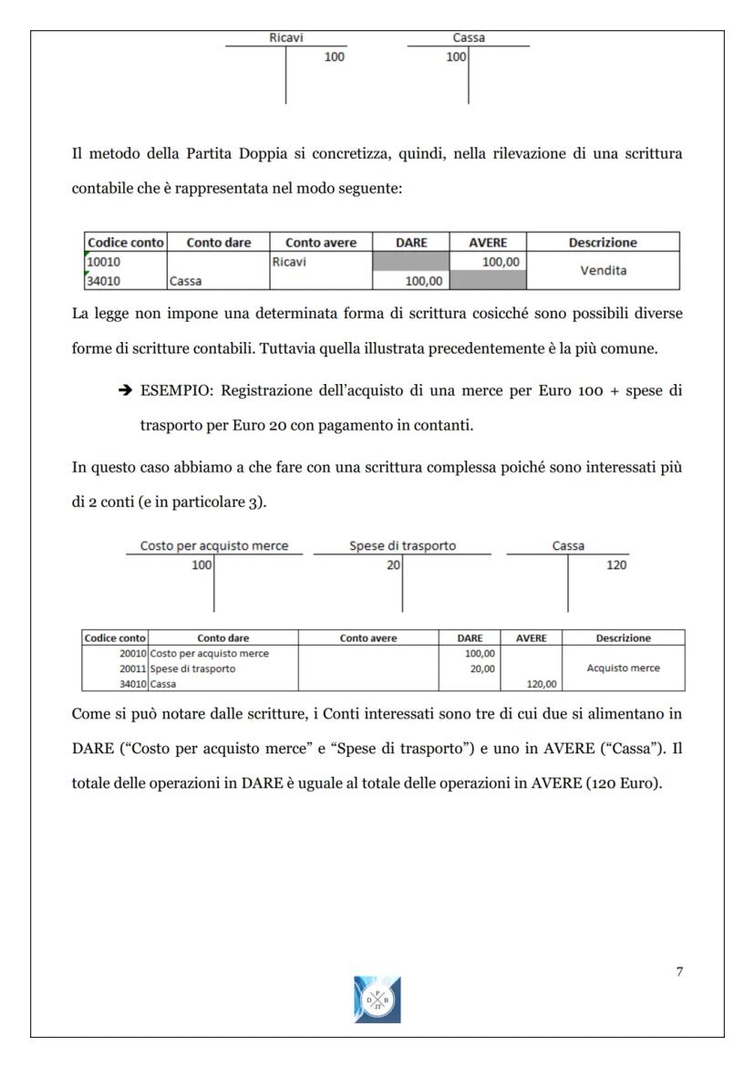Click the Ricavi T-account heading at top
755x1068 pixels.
click(285, 38)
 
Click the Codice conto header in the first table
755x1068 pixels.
click(125, 243)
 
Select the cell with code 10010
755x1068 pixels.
click(102, 262)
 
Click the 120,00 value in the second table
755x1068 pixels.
click(531, 683)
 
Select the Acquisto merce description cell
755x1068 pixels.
click(623, 669)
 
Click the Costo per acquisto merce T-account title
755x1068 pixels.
click(213, 545)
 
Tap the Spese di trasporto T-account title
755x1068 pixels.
click(402, 545)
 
